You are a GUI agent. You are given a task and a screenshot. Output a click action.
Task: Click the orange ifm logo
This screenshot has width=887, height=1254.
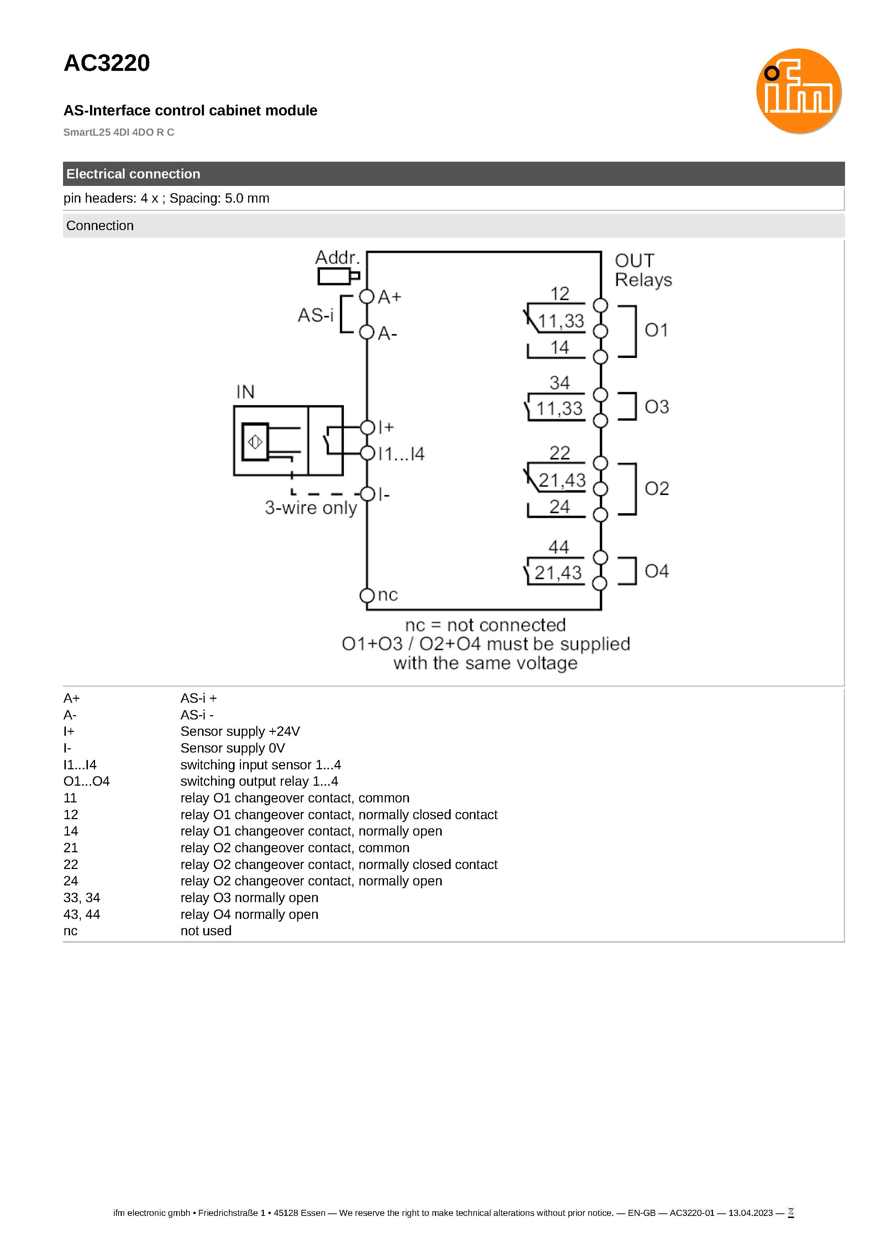pyautogui.click(x=798, y=91)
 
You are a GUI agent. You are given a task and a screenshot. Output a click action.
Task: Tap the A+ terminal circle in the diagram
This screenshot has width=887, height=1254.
pyautogui.click(x=367, y=297)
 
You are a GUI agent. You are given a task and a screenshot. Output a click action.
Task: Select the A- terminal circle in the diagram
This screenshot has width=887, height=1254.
pyautogui.click(x=367, y=332)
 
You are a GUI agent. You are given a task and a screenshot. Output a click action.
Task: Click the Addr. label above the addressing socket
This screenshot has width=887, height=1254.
pyautogui.click(x=337, y=257)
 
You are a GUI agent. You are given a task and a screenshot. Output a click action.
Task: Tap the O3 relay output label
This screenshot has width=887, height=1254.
pyautogui.click(x=656, y=406)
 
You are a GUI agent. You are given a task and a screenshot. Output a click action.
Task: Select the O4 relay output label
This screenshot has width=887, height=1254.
pyautogui.click(x=656, y=571)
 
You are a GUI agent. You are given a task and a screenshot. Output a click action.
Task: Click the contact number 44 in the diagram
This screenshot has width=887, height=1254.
pyautogui.click(x=559, y=547)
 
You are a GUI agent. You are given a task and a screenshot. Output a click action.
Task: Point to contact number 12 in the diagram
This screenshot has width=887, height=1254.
pyautogui.click(x=560, y=294)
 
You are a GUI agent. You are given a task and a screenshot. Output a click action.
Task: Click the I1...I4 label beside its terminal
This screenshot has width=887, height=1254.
pyautogui.click(x=401, y=453)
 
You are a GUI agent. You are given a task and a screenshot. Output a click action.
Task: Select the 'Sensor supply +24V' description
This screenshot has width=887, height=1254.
pyautogui.click(x=240, y=731)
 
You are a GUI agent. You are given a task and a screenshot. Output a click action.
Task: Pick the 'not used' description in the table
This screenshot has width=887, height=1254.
pyautogui.click(x=206, y=931)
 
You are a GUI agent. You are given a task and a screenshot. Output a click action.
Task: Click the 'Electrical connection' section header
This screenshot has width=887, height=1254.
pyautogui.click(x=133, y=174)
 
